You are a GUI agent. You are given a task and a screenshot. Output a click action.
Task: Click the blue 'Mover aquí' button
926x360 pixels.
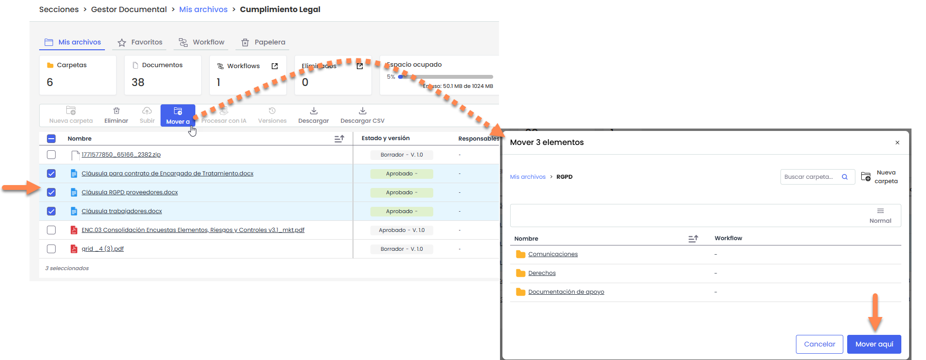(x=874, y=344)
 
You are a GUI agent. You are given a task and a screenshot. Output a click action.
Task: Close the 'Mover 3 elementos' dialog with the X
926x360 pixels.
(x=897, y=143)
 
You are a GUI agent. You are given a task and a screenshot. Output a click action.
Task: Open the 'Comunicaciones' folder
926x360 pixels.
(x=553, y=254)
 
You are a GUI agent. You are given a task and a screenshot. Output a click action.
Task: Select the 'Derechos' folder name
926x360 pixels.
(x=542, y=273)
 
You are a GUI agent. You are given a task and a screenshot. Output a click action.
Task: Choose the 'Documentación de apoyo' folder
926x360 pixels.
(x=566, y=292)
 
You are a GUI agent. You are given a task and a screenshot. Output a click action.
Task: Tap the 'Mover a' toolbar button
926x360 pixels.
(x=178, y=115)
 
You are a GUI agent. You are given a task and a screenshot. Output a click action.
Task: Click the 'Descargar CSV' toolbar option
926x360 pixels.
(x=362, y=115)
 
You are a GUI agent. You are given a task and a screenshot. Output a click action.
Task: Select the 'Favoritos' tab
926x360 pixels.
(x=140, y=43)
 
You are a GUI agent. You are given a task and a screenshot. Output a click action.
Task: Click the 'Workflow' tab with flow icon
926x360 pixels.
(x=202, y=43)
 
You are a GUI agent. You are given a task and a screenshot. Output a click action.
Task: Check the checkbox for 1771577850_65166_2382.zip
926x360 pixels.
(x=51, y=155)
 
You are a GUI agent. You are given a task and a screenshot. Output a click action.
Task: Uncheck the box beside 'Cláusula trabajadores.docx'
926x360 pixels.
(x=51, y=211)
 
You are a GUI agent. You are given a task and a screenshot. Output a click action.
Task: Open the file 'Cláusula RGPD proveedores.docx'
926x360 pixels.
(x=130, y=192)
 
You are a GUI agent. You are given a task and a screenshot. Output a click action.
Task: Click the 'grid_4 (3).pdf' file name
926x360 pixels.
(x=103, y=249)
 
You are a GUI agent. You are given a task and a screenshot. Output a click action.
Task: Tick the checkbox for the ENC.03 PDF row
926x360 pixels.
(x=51, y=230)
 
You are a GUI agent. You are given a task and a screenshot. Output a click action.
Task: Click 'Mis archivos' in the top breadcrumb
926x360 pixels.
(x=203, y=10)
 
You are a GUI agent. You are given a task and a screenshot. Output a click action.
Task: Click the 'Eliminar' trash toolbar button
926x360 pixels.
(x=116, y=115)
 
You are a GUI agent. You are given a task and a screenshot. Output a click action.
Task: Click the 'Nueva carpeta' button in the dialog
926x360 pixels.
(x=880, y=177)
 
